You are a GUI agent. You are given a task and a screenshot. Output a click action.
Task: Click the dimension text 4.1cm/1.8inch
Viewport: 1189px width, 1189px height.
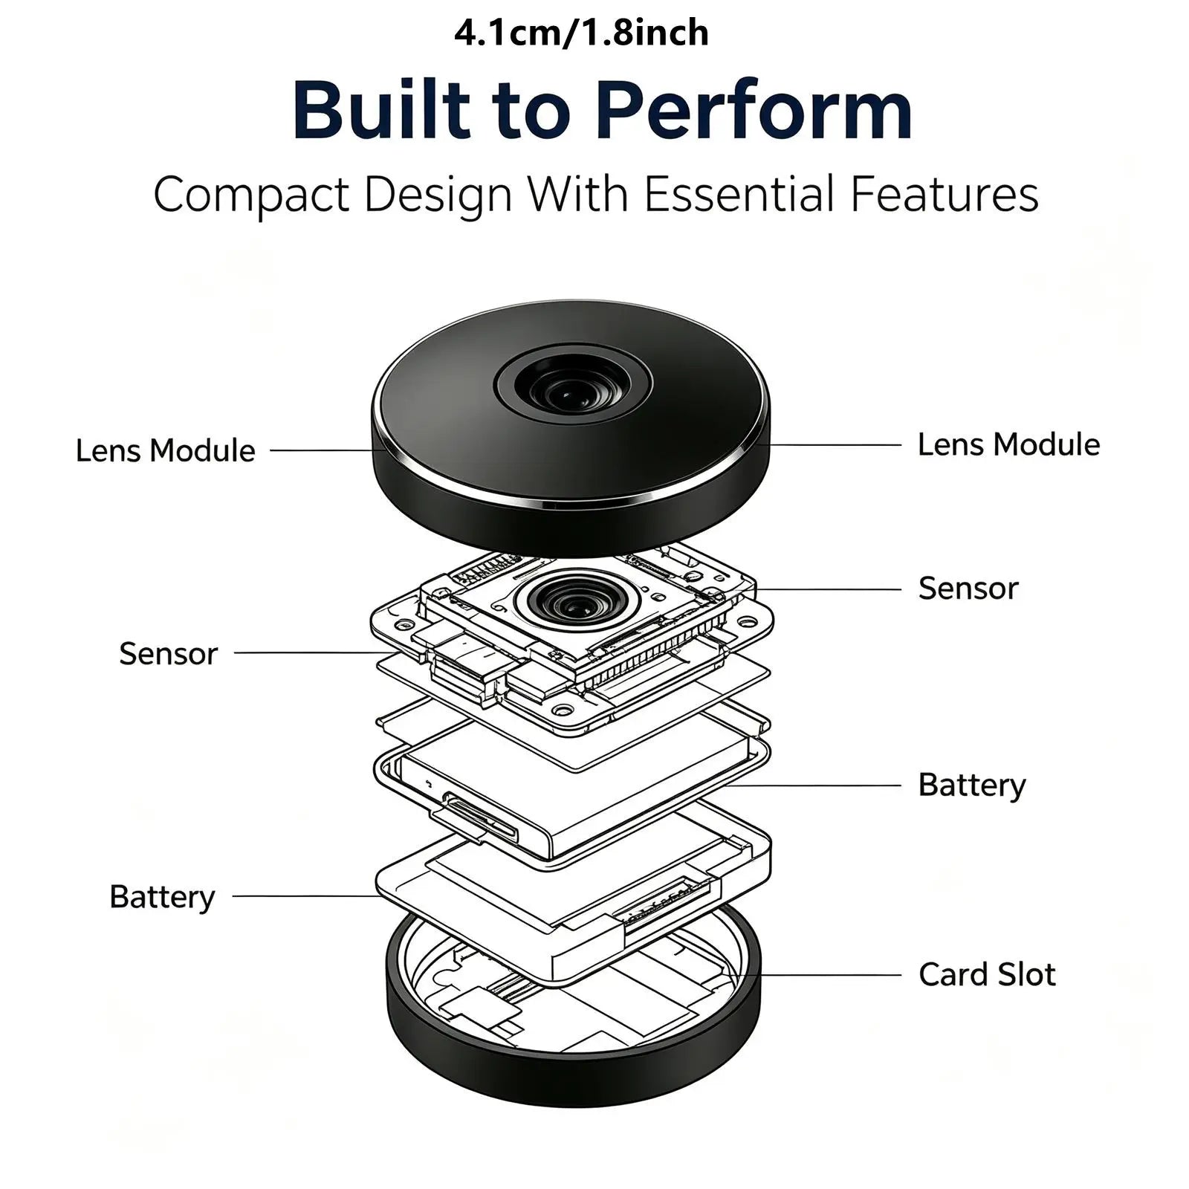581,33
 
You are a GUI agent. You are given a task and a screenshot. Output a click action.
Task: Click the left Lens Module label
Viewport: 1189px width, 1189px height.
165,450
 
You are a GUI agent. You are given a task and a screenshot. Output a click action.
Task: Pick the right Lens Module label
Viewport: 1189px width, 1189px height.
1008,444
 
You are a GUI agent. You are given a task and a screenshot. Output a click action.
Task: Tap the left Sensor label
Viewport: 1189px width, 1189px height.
168,654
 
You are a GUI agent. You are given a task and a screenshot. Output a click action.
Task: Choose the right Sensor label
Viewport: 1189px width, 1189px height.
968,588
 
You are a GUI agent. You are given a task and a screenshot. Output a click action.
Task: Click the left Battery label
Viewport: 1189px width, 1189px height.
162,897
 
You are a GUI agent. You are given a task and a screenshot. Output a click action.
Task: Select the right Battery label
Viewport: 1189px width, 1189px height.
972,785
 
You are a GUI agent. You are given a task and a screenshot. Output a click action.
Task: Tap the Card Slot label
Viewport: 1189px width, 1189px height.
987,974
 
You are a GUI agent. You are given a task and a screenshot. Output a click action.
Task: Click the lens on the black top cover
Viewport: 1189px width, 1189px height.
573,386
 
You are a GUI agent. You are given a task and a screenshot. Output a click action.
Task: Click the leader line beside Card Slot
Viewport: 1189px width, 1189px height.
817,975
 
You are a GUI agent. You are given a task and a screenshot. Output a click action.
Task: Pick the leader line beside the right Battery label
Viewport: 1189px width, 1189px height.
813,785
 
